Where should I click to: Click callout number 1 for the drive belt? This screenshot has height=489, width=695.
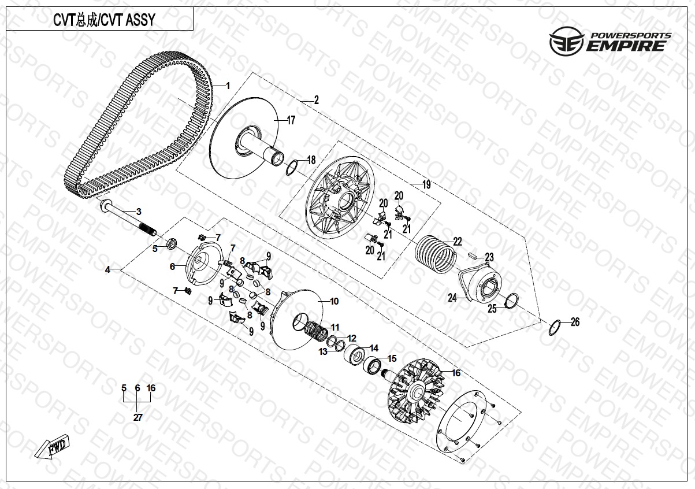(228, 86)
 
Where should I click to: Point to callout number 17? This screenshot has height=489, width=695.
(291, 121)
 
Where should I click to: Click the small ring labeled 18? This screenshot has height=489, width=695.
(292, 169)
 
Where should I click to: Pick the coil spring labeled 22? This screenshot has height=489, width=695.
(435, 252)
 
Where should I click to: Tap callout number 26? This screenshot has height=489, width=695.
(574, 322)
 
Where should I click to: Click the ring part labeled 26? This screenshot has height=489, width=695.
(554, 327)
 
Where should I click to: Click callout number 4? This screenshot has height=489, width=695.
(107, 269)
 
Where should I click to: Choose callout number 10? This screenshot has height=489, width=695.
(334, 302)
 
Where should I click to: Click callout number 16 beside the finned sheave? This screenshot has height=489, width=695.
(456, 373)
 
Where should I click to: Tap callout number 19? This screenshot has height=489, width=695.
(426, 185)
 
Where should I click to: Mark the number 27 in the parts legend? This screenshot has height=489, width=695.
(137, 417)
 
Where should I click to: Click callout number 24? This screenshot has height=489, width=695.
(453, 298)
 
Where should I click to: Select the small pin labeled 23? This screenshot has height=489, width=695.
(472, 253)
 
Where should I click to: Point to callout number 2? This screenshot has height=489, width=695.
(316, 100)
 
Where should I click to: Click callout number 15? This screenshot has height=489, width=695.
(392, 358)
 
